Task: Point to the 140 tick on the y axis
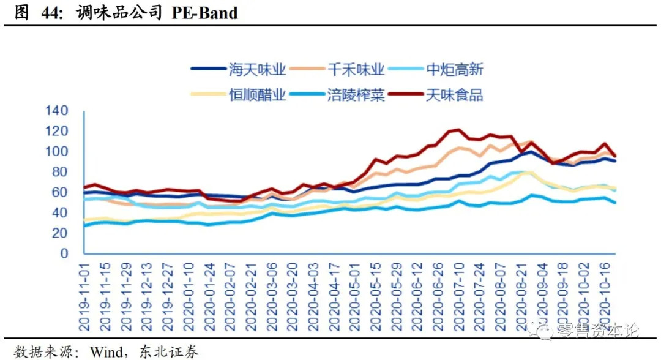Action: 58,111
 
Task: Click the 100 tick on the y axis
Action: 58,151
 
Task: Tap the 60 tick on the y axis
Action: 62,192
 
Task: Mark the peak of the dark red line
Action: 456,129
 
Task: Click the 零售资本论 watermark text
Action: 597,331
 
